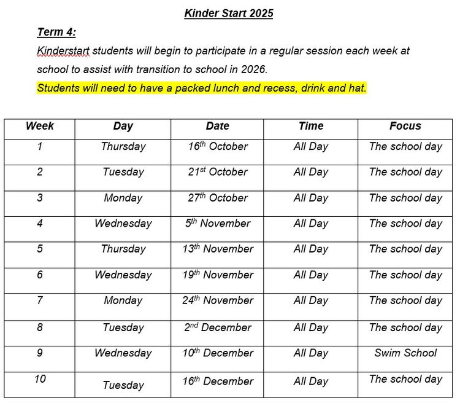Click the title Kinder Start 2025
228,14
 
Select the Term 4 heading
56,33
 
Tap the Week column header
40,126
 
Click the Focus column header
405,126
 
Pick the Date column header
217,126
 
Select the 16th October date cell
217,147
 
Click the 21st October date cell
217,172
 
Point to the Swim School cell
405,353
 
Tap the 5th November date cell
217,224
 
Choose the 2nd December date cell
217,327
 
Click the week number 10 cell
40,379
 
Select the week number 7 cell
40,300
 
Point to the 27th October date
217,198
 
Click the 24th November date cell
217,300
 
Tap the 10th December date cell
217,353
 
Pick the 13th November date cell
217,249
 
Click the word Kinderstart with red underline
63,51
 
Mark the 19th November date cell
217,275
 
